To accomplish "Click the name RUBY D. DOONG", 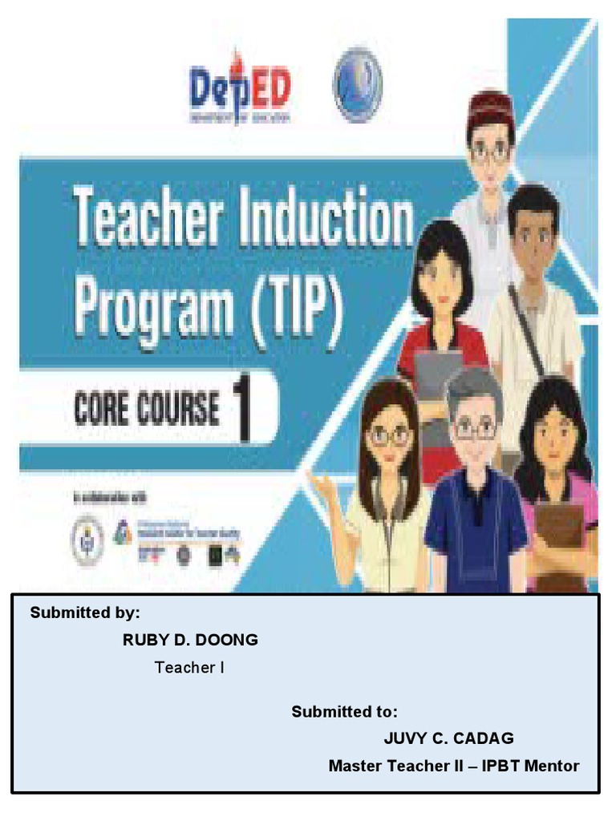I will (x=190, y=640).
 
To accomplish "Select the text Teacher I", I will (x=189, y=667).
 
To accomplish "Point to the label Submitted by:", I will (x=85, y=613).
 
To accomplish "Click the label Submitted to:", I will (x=344, y=712).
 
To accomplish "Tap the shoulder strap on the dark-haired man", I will (x=525, y=329).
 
